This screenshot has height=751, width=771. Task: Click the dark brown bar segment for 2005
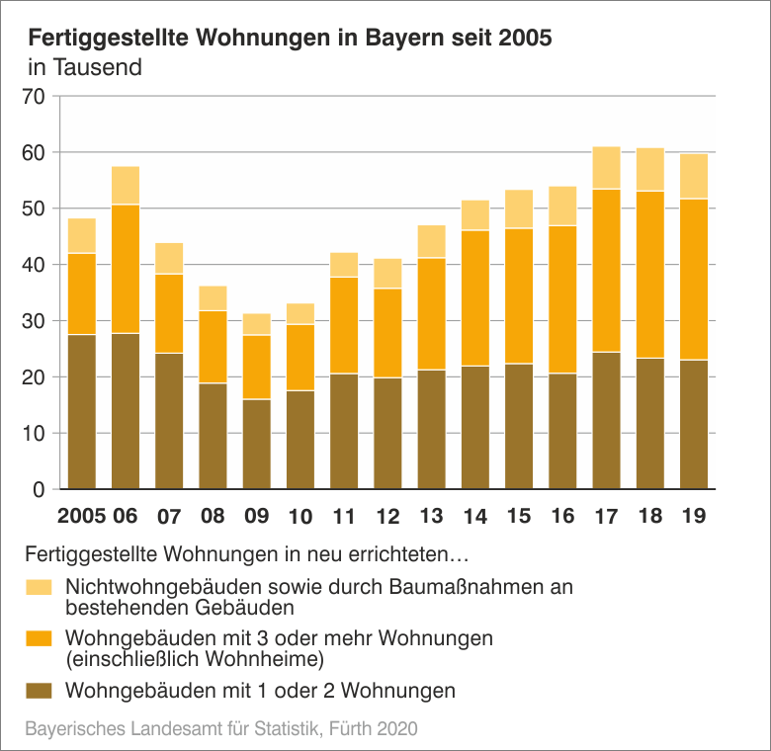82,412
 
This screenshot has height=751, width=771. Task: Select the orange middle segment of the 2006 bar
126,269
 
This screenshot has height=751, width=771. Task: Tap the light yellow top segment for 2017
606,168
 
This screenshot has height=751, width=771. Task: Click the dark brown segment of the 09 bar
256,444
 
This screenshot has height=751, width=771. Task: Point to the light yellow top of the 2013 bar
431,241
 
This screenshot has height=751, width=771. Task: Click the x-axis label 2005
82,516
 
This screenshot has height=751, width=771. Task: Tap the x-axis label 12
387,516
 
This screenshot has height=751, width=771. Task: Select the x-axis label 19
694,516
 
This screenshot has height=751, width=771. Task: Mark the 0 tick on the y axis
40,490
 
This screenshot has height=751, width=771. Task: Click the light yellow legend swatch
39,587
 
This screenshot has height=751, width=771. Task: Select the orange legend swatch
39,638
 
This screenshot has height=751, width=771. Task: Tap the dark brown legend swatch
39,690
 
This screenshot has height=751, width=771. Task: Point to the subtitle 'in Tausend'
85,68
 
